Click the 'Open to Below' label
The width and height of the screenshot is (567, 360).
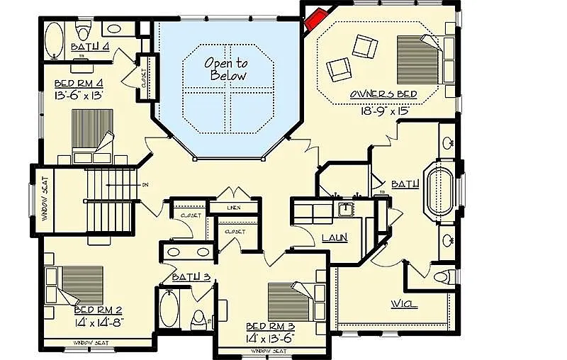[x=226, y=69]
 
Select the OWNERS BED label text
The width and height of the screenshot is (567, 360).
[x=383, y=94]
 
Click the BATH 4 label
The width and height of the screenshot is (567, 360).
[x=90, y=47]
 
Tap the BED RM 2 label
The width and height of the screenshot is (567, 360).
[x=99, y=310]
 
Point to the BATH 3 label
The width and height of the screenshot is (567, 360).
[x=191, y=277]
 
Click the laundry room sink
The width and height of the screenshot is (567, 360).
[x=347, y=210]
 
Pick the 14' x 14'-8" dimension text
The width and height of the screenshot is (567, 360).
[x=99, y=323]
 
